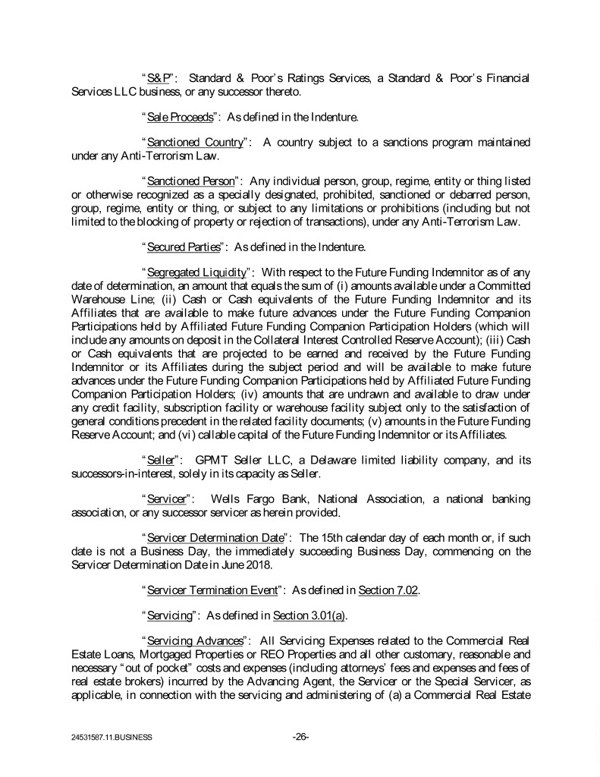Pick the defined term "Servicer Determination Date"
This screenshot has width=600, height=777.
pos(212,537)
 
